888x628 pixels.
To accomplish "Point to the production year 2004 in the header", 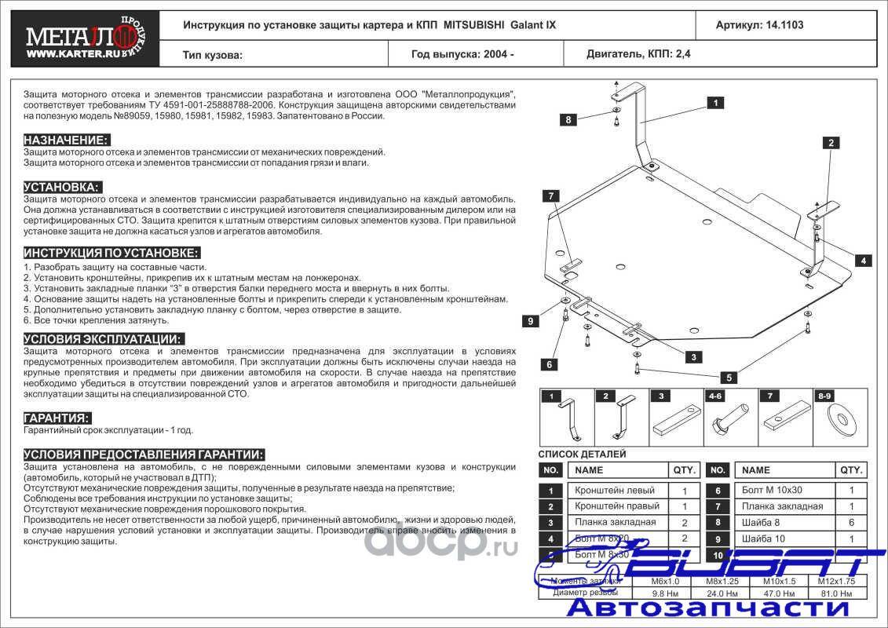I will coord(497,55).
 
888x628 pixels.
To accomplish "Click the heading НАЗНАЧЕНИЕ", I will coord(66,140).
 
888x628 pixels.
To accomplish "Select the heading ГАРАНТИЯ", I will coord(57,418).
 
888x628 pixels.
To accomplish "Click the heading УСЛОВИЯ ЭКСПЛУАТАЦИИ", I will coord(104,339).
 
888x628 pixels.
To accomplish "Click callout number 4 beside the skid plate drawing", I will coord(862,261).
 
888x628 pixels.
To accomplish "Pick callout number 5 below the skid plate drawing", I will coord(729,378).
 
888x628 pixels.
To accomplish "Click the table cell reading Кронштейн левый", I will coord(616,491).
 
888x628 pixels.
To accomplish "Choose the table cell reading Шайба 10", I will coord(762,539).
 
